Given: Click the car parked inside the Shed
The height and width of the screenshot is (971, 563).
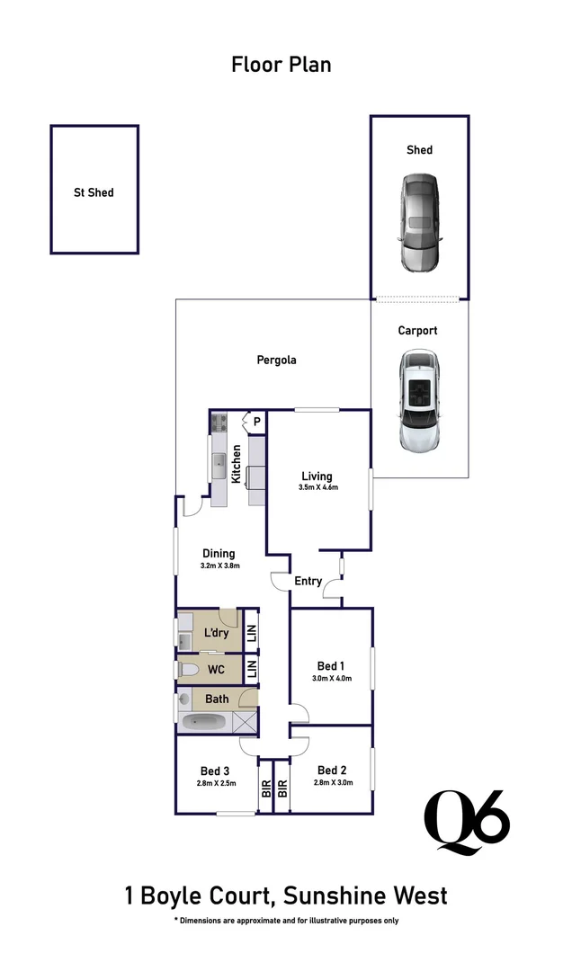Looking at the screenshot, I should (x=419, y=223).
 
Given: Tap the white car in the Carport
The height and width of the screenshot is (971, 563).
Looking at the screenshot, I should (x=419, y=401).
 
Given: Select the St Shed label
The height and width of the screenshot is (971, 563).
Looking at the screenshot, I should (x=94, y=192).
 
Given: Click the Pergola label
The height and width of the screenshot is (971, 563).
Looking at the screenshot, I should (x=276, y=360).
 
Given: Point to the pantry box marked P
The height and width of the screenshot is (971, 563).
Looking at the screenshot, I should (x=255, y=421).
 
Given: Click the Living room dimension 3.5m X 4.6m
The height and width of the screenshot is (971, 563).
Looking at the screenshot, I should (x=317, y=488).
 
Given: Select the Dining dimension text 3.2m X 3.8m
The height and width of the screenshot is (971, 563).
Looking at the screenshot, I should (x=219, y=566).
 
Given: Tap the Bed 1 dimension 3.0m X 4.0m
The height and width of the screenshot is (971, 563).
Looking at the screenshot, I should (x=332, y=679).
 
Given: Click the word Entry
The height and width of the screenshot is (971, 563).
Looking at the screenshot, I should (x=308, y=582).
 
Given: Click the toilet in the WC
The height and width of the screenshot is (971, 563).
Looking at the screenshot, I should (x=190, y=669).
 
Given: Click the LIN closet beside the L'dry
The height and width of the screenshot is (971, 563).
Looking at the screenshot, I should (x=252, y=632).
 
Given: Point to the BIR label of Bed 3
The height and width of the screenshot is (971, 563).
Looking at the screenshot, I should (x=266, y=788).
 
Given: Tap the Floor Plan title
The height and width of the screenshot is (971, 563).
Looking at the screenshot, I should (x=281, y=65).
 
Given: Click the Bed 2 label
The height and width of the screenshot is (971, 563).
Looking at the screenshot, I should (x=332, y=771).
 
